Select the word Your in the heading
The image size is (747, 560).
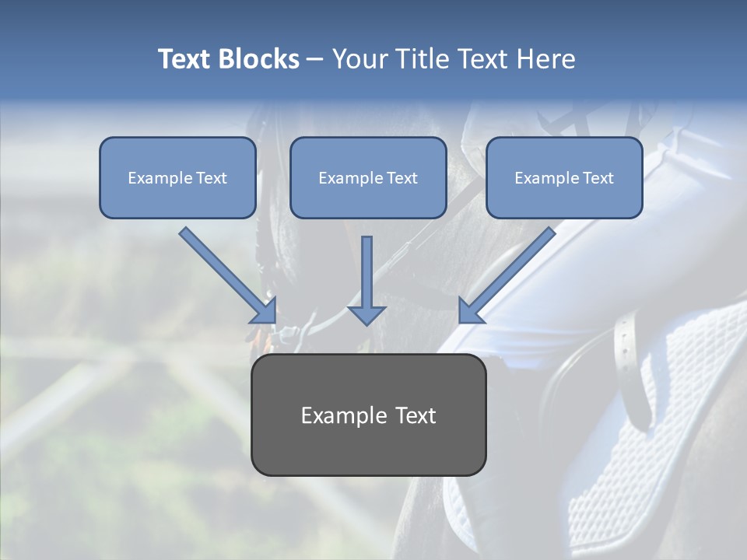[360, 59]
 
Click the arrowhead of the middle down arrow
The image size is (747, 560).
[366, 314]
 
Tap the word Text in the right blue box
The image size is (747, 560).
[598, 178]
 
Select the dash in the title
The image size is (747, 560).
[315, 60]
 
